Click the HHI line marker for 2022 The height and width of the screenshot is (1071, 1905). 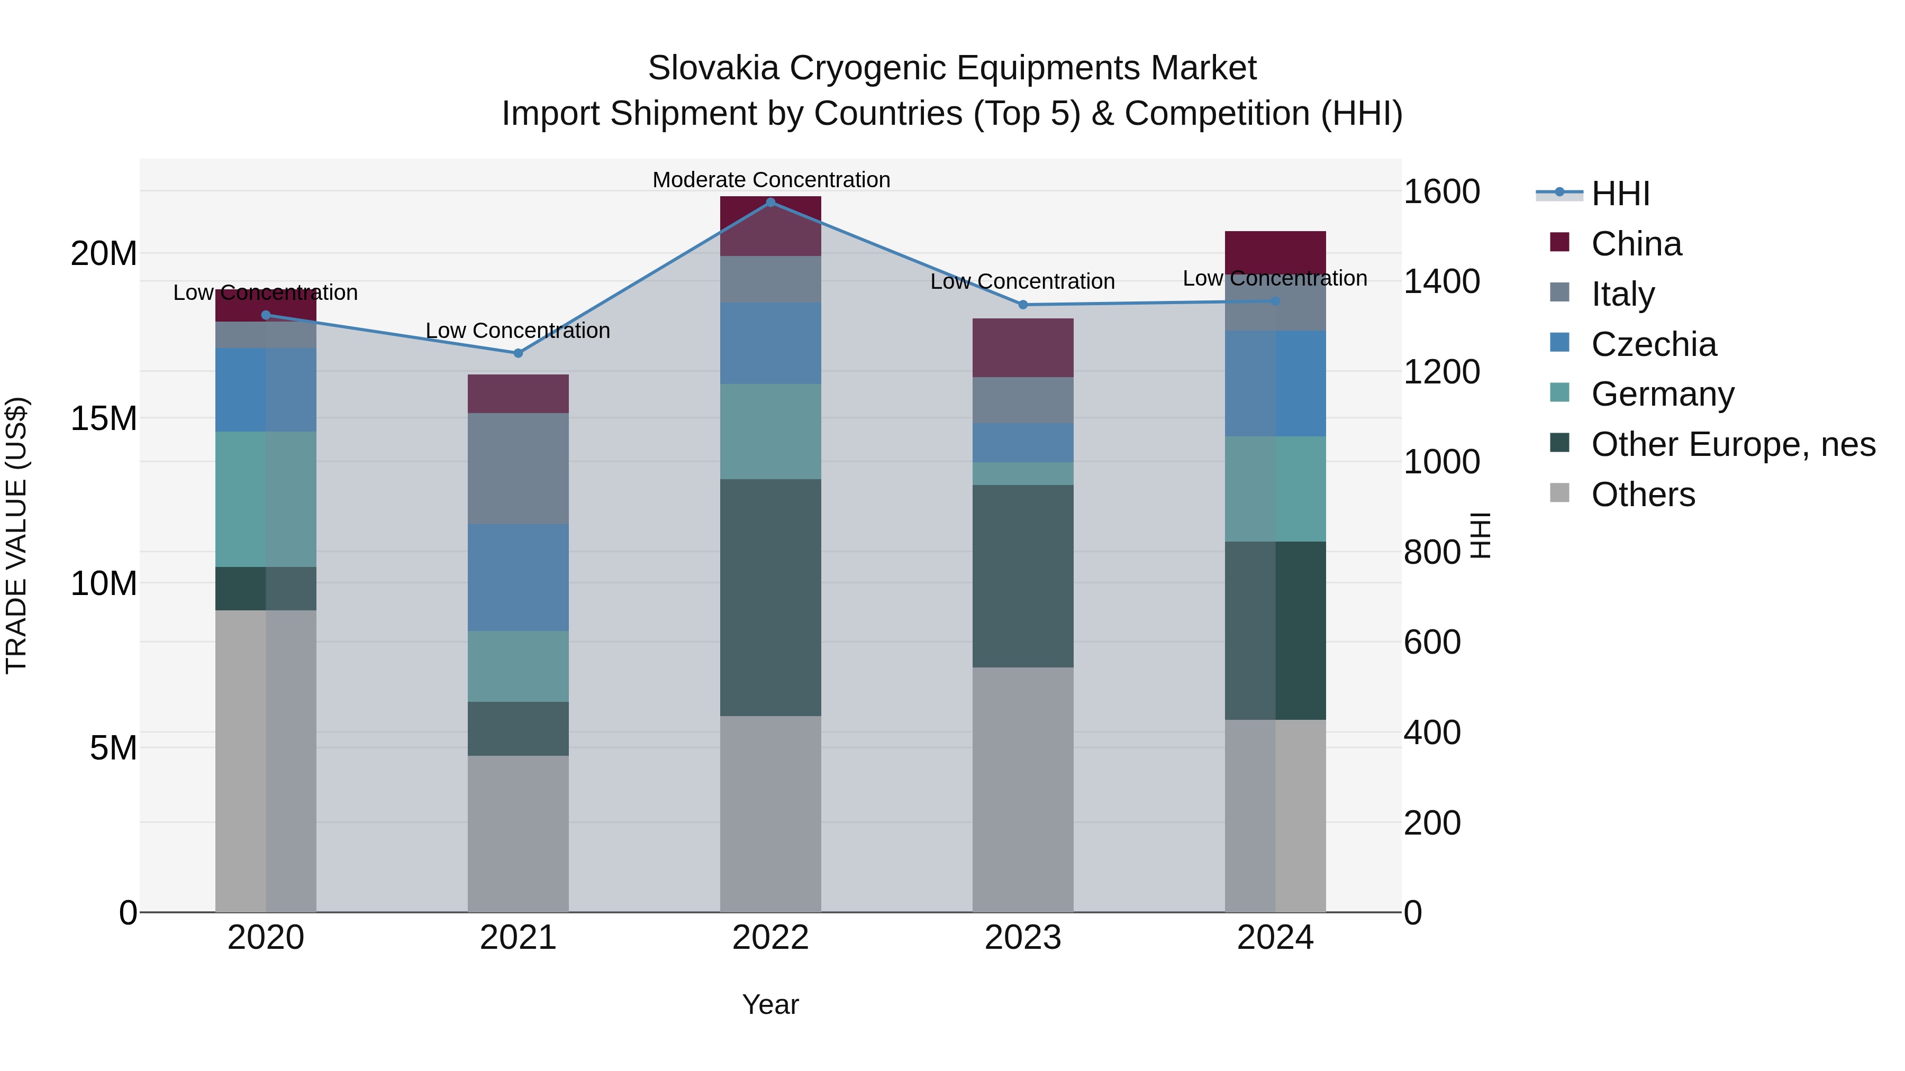pos(770,203)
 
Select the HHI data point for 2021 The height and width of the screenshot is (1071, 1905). pos(519,353)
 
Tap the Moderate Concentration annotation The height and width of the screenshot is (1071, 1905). pos(770,180)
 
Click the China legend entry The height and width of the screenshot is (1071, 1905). pos(1636,244)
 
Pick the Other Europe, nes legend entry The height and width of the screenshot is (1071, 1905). pos(1732,444)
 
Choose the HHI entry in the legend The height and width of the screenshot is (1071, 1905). pos(1620,194)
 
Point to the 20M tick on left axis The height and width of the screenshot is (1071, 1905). pos(104,253)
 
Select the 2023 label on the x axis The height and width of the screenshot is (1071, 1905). pos(1023,938)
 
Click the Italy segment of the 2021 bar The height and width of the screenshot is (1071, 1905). pos(519,469)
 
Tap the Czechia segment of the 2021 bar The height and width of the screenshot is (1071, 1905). pos(519,577)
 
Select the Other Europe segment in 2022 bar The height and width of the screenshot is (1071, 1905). pos(770,597)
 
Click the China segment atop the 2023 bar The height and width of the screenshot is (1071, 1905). pos(1023,347)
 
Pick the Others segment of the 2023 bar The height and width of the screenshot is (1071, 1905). pos(1023,790)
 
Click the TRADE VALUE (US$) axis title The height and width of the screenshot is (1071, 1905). pos(16,535)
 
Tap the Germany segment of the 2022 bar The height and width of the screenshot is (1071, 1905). pos(770,432)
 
